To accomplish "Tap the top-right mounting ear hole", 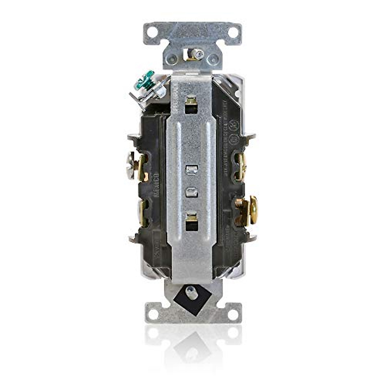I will coord(233,32).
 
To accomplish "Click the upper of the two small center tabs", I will coord(192,170).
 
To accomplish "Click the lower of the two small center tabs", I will coord(192,192).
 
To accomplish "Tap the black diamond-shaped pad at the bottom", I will coord(192,299).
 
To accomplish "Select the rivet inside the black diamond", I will coord(192,292).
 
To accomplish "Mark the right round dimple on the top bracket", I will coord(212,59).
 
